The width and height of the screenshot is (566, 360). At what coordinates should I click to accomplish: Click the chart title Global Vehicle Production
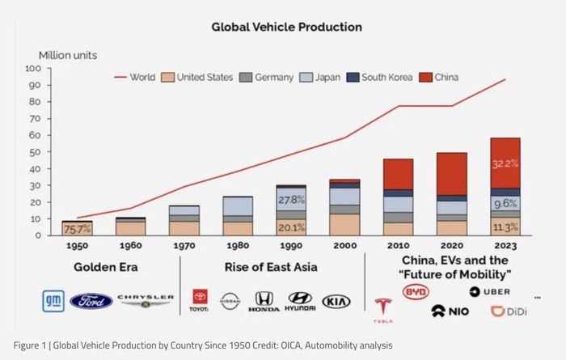[x=286, y=27]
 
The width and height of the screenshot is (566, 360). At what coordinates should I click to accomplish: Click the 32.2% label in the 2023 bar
[x=505, y=163]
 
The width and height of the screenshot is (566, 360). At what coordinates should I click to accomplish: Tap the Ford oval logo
[x=91, y=301]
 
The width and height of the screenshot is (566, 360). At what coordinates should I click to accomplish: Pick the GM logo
[x=53, y=301]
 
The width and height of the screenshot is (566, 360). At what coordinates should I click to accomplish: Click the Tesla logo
[x=382, y=306]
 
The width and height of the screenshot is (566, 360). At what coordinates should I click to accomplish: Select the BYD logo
[x=416, y=291]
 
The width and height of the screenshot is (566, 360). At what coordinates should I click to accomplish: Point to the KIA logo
[x=336, y=301]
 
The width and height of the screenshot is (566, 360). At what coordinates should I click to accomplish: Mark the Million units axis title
[x=68, y=55]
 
